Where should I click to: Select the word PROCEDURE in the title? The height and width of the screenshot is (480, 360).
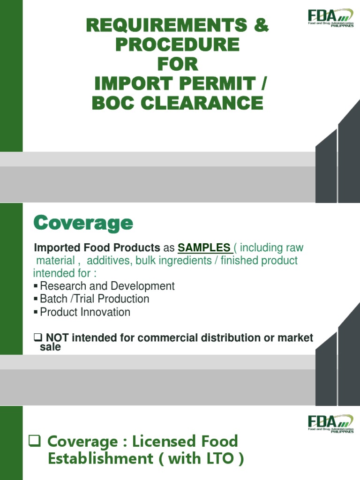pyautogui.click(x=177, y=45)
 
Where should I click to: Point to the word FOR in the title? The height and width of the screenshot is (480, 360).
pyautogui.click(x=177, y=64)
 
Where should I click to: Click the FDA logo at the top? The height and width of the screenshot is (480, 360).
pyautogui.click(x=330, y=18)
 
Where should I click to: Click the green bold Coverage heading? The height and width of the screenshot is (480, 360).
pyautogui.click(x=83, y=224)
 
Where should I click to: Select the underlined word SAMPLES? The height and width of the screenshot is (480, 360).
pyautogui.click(x=204, y=247)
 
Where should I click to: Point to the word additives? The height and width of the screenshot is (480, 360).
pyautogui.click(x=108, y=260)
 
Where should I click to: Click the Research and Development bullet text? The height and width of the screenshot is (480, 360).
pyautogui.click(x=107, y=286)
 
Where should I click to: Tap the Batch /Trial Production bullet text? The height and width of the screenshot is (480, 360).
pyautogui.click(x=95, y=299)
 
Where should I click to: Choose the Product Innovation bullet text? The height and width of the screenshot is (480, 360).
pyautogui.click(x=85, y=312)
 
